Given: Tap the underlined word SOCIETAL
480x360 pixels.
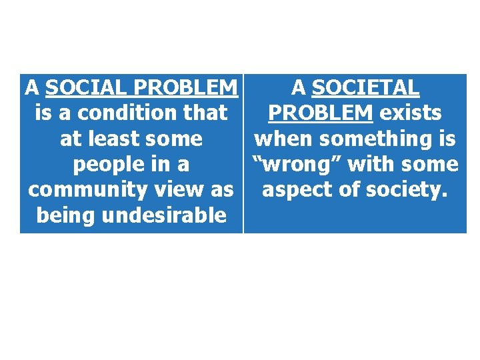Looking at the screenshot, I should tap(365, 87).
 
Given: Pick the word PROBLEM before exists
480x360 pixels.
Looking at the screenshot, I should tap(320, 113).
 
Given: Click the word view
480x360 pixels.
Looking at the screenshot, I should tap(177, 189).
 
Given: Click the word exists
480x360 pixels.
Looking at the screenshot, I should tap(411, 113).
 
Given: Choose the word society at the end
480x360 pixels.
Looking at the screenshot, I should tap(405, 189).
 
